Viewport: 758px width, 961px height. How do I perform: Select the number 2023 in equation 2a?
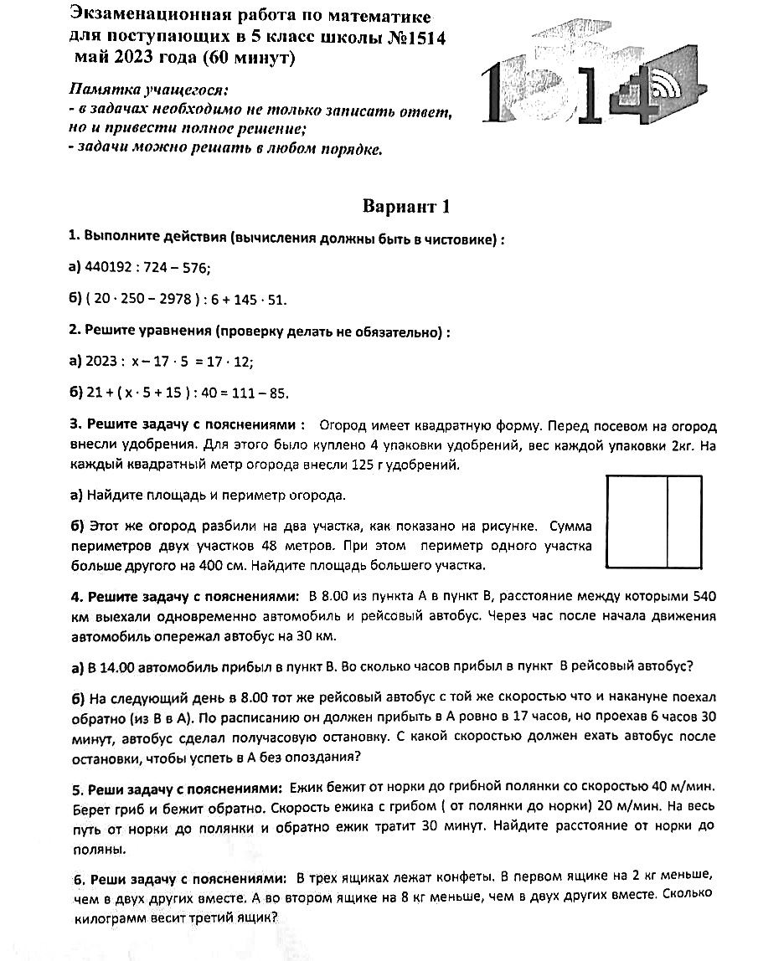tap(101, 362)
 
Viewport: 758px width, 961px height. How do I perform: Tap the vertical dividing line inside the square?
tap(667, 521)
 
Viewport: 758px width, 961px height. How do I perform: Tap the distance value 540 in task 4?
tap(703, 596)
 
